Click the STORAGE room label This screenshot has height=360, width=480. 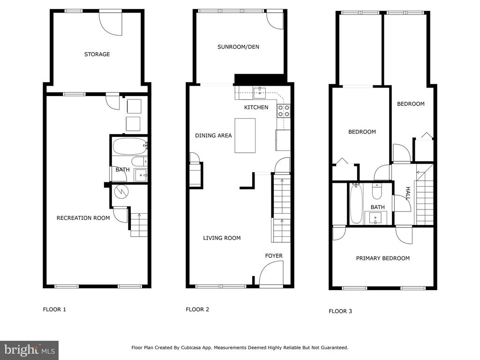pyautogui.click(x=97, y=54)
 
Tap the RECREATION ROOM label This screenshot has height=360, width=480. pyautogui.click(x=83, y=218)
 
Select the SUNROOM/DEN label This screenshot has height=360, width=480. pyautogui.click(x=238, y=47)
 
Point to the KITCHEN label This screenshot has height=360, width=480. pyautogui.click(x=256, y=107)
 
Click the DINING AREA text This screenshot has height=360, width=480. pyautogui.click(x=213, y=135)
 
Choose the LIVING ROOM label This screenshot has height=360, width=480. pyautogui.click(x=222, y=238)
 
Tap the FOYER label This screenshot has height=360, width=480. pyautogui.click(x=274, y=255)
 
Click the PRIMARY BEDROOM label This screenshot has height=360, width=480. pyautogui.click(x=382, y=258)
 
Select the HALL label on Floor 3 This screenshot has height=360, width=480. pyautogui.click(x=408, y=193)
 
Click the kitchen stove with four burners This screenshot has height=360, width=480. pyautogui.click(x=284, y=111)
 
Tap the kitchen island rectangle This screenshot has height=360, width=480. pyautogui.click(x=245, y=135)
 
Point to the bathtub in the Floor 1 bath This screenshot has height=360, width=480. pyautogui.click(x=130, y=146)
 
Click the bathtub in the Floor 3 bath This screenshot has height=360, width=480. pyautogui.click(x=356, y=203)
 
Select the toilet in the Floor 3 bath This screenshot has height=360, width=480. pyautogui.click(x=377, y=191)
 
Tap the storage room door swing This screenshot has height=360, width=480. pyautogui.click(x=111, y=23)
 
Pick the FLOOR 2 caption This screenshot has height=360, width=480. pyautogui.click(x=197, y=309)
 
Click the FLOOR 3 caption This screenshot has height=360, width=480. pyautogui.click(x=340, y=311)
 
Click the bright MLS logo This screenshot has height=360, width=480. pyautogui.click(x=30, y=350)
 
